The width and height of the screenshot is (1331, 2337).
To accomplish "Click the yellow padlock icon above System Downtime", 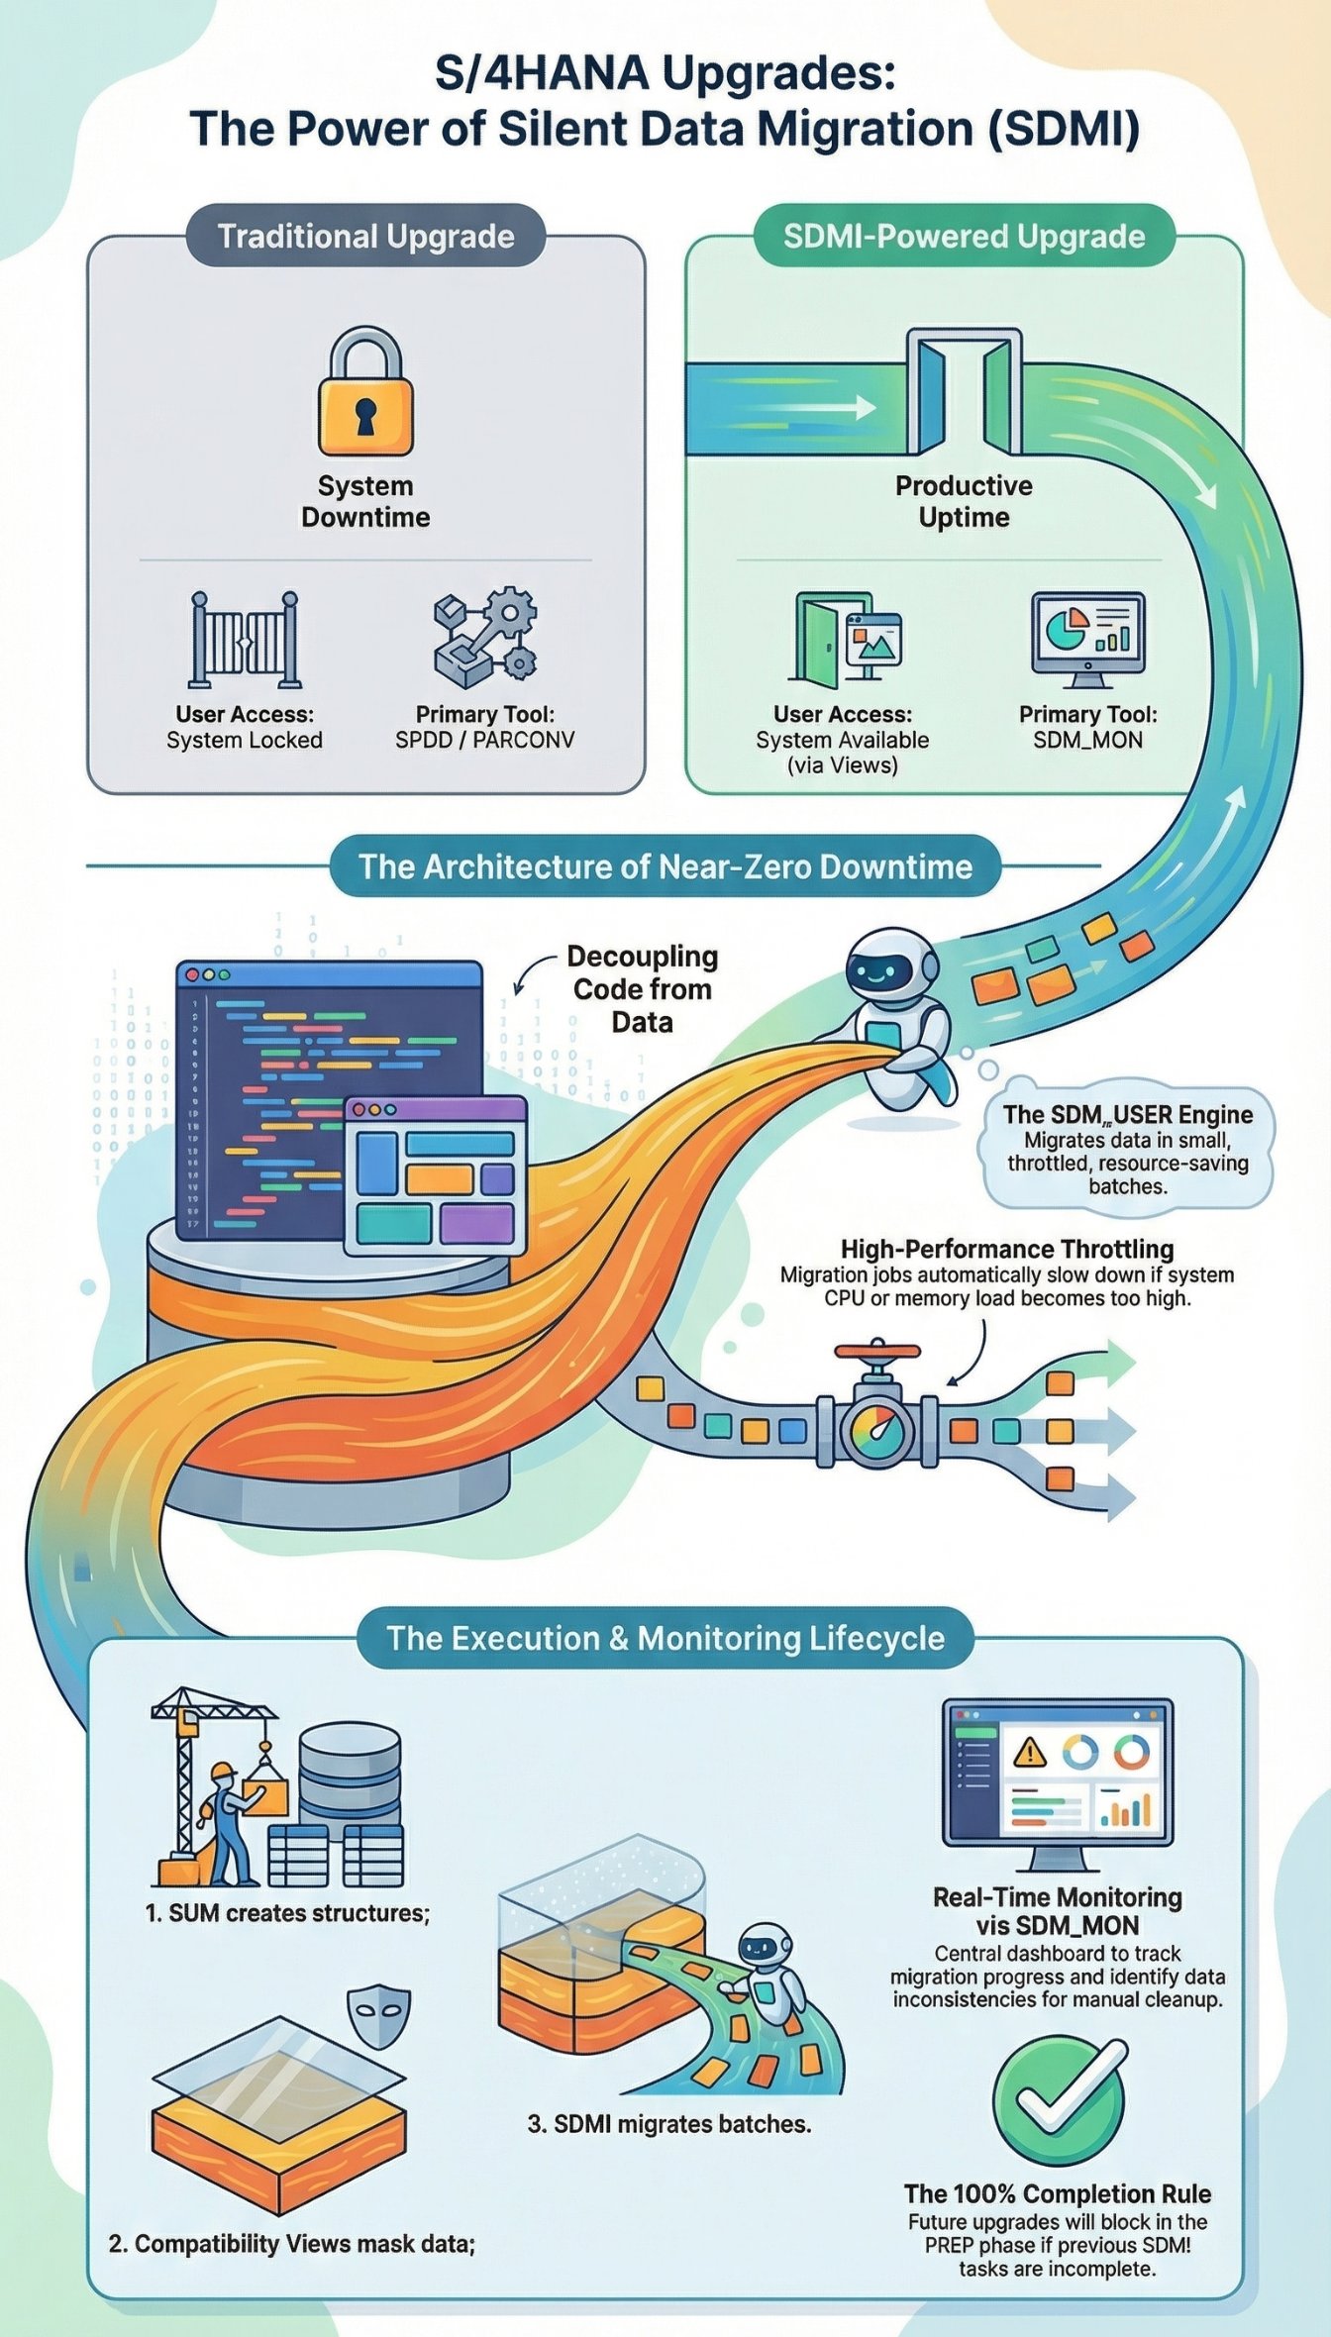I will click(x=365, y=396).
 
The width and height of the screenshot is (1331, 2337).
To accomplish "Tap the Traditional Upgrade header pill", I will click(x=365, y=237).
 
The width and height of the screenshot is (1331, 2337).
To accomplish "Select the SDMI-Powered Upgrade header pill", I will click(x=964, y=237).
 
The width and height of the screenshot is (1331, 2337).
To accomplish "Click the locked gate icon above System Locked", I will click(x=245, y=640).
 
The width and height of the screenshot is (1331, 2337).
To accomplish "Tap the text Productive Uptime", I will click(x=964, y=501).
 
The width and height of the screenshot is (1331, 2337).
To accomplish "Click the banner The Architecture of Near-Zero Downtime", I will click(x=665, y=866).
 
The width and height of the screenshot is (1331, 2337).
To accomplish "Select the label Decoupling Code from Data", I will click(x=643, y=988).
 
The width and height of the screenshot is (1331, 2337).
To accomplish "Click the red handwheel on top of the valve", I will click(x=877, y=1351).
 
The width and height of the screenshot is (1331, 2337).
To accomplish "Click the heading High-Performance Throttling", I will click(x=1007, y=1249).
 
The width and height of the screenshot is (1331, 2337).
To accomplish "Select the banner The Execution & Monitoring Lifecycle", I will click(x=665, y=1638).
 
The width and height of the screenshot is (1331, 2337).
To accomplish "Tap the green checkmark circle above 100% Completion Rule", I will click(x=1058, y=2103).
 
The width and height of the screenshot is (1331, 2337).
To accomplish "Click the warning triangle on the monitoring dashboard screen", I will click(x=1030, y=1753).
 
